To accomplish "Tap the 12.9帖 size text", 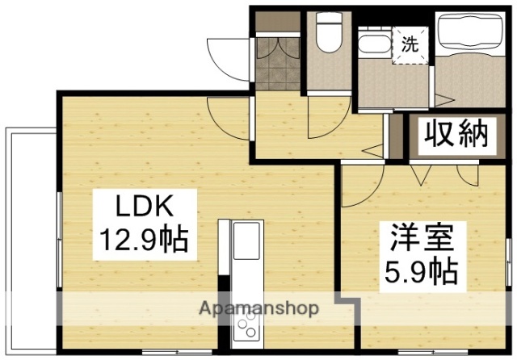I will click(x=145, y=240).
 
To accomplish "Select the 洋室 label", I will click(x=419, y=239).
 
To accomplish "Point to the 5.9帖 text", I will click(x=419, y=270).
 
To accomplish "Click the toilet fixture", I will click(x=329, y=36).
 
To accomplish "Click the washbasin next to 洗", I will click(x=372, y=44).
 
